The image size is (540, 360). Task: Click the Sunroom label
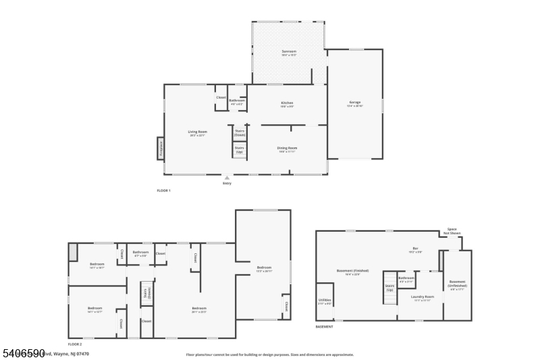coord(289,52)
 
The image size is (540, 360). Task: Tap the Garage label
coord(355,104)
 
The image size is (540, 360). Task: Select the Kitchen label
coord(288,103)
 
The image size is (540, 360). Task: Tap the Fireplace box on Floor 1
coord(161,149)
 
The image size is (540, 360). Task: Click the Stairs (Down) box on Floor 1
coord(240,132)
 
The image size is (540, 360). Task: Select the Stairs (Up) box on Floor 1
coord(240,149)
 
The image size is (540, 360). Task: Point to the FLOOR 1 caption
coord(163,191)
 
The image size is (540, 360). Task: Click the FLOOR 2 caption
coord(74,344)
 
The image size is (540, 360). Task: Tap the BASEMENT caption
coord(324,327)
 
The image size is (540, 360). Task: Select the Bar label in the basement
coord(416,249)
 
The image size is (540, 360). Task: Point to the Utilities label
coord(325,301)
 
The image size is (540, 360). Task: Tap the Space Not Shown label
coord(452,231)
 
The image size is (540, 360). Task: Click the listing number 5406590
coord(23,353)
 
